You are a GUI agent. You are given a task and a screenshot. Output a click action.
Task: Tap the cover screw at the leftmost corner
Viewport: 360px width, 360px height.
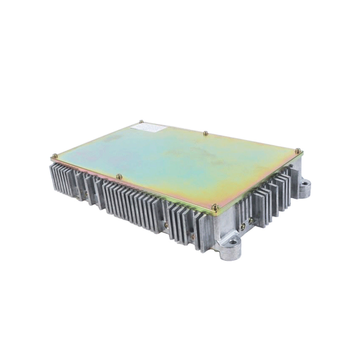54,155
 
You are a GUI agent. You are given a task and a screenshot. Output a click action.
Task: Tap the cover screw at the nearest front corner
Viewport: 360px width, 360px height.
214,206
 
